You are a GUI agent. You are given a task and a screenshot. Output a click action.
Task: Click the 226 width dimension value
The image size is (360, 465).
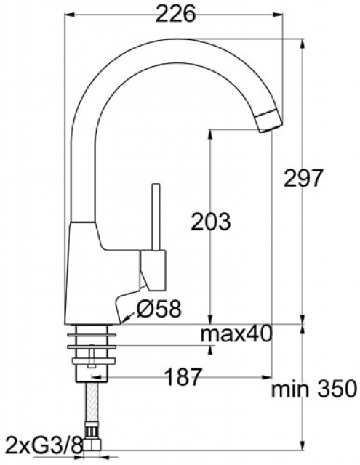[x=175, y=14]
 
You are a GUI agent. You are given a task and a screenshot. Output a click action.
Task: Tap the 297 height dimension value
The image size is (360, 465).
[x=302, y=178]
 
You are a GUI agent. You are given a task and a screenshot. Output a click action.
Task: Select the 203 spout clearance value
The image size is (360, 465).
[x=210, y=222]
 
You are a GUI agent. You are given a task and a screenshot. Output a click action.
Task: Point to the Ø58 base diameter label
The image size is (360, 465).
[x=159, y=308]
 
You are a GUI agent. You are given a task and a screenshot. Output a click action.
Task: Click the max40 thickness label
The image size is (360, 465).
[x=236, y=334]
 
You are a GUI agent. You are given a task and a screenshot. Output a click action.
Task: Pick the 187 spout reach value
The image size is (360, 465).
[x=183, y=377]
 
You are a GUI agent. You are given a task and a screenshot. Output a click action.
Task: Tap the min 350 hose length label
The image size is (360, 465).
[x=313, y=389]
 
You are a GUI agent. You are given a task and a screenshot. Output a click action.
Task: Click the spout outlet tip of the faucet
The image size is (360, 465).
[x=271, y=121]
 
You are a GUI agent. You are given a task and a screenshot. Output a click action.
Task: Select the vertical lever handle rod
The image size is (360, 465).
[x=156, y=217]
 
